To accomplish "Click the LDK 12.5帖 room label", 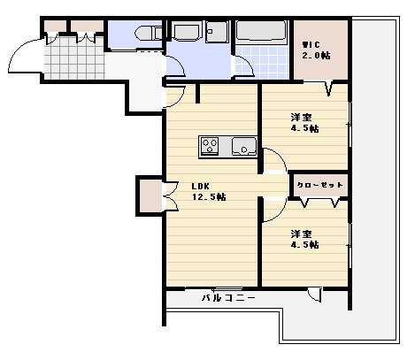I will click(209, 191).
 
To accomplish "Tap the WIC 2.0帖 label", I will click(316, 50).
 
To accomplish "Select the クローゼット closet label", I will click(319, 186).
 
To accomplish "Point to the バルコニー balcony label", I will click(227, 297).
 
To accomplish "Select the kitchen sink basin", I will click(243, 145).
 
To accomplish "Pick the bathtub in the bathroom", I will click(261, 33).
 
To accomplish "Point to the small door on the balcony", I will click(314, 295).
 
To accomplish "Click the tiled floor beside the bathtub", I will click(262, 65).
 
